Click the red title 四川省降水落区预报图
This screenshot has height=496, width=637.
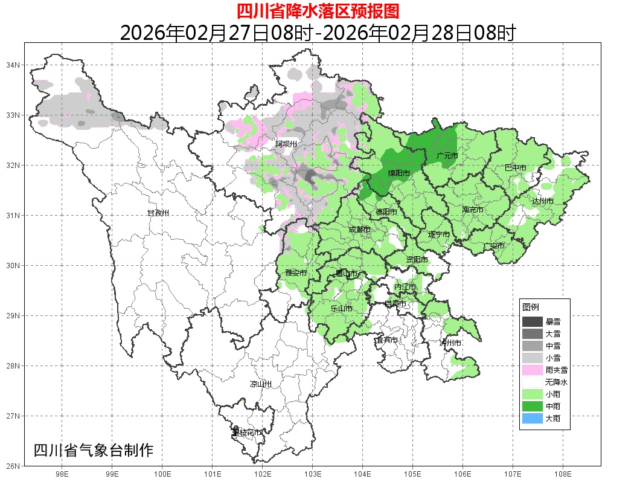318,11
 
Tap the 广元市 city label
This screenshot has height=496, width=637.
447,156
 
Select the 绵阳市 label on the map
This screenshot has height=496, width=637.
399,173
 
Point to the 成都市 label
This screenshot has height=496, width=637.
359,230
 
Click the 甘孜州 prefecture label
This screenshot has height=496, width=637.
158,213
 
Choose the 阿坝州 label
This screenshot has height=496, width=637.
286,144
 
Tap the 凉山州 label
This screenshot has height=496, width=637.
261,384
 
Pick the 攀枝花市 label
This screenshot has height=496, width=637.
248,433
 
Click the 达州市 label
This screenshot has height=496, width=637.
543,201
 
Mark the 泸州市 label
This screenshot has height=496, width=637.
450,343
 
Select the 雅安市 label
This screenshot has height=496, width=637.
296,273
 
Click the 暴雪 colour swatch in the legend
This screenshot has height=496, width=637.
533,322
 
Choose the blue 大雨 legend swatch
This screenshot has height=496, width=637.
533,418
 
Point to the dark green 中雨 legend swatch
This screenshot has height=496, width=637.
533,406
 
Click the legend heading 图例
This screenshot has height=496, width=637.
531,308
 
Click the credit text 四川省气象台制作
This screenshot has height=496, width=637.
94,450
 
